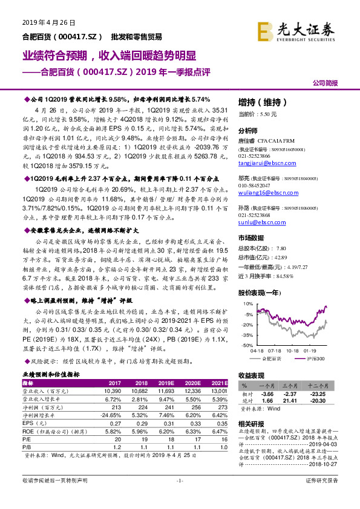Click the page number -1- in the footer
179,497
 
